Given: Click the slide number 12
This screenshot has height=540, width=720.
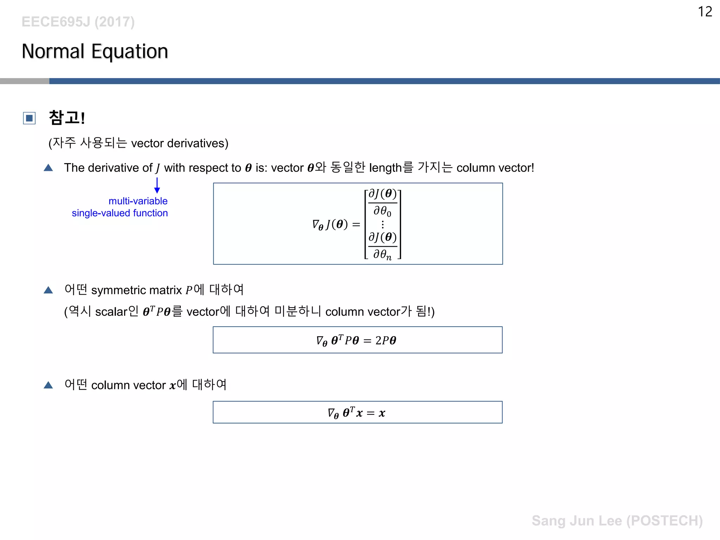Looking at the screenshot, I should pyautogui.click(x=705, y=12).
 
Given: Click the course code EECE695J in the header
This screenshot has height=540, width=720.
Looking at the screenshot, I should pyautogui.click(x=56, y=22).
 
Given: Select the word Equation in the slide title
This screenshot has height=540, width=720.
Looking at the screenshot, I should pyautogui.click(x=130, y=51).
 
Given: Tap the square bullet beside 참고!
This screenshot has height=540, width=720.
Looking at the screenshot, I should pyautogui.click(x=29, y=118).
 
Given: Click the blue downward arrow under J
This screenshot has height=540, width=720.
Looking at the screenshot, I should pyautogui.click(x=157, y=185).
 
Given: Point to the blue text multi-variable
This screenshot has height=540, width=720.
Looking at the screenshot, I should pyautogui.click(x=138, y=201).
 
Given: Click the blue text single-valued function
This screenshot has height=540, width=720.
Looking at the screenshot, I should pyautogui.click(x=120, y=213).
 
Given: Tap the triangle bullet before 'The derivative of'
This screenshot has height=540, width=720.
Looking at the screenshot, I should pyautogui.click(x=48, y=168).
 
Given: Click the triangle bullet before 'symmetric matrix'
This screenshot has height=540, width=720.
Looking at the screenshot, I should pyautogui.click(x=48, y=290).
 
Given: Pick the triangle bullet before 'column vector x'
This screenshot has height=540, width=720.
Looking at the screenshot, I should pyautogui.click(x=48, y=385).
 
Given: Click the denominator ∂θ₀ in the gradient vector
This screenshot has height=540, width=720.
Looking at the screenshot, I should pyautogui.click(x=382, y=211).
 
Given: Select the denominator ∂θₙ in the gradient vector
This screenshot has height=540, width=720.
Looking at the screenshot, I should pyautogui.click(x=382, y=254).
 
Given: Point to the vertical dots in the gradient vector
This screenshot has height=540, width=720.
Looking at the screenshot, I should pyautogui.click(x=382, y=224).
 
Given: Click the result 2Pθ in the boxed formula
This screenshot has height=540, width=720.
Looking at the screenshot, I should pyautogui.click(x=386, y=340).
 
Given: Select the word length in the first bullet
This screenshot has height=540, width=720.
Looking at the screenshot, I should pyautogui.click(x=385, y=168).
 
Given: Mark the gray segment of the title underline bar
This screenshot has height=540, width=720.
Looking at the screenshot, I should pyautogui.click(x=25, y=81).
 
